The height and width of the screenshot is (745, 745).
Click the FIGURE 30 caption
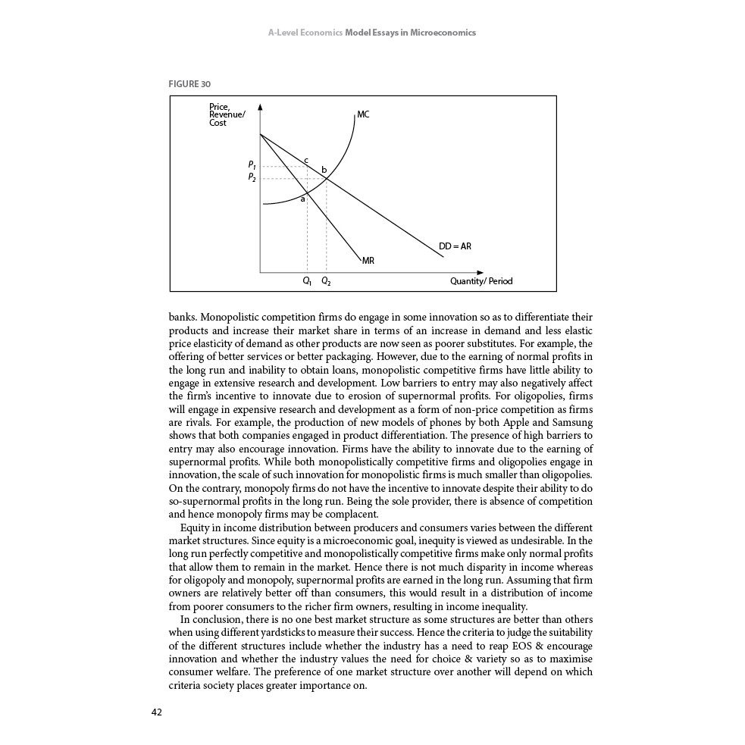(189, 84)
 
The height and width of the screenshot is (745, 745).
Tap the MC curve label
(363, 114)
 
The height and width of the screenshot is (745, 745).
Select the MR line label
(368, 260)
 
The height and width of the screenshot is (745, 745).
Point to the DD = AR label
(455, 246)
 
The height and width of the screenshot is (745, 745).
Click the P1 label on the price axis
(252, 164)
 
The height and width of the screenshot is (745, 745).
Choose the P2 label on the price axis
(252, 177)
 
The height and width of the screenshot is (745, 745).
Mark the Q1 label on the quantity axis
(306, 281)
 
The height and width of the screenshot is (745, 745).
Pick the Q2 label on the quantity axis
(326, 281)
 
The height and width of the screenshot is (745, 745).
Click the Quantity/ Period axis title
(481, 281)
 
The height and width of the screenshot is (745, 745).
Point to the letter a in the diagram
(302, 199)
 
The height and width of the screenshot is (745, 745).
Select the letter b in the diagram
(324, 170)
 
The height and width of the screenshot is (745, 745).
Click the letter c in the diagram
(305, 159)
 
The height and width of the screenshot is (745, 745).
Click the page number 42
(157, 712)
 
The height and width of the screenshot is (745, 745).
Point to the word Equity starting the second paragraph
(196, 527)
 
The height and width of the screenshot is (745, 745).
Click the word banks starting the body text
(182, 318)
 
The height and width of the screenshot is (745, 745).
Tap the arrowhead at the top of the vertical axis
(260, 107)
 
